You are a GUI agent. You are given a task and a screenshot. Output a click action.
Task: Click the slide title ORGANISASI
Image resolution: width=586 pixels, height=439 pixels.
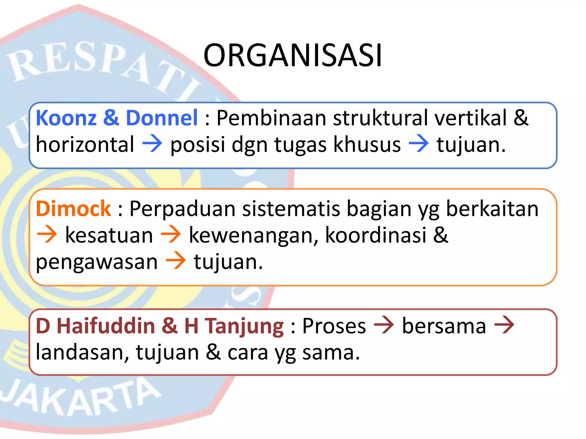(x=292, y=55)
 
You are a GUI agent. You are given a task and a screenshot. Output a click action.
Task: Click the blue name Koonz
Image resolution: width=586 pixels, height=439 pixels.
(x=66, y=118)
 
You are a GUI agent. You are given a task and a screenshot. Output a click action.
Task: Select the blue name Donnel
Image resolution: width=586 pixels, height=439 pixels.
(x=162, y=118)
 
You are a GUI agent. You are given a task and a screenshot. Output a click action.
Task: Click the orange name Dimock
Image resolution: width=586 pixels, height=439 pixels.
(x=73, y=209)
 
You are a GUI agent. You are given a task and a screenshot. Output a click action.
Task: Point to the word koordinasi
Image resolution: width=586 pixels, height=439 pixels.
(x=376, y=235)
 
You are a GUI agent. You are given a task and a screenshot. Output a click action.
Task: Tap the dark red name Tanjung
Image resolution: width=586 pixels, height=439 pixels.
(x=245, y=327)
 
